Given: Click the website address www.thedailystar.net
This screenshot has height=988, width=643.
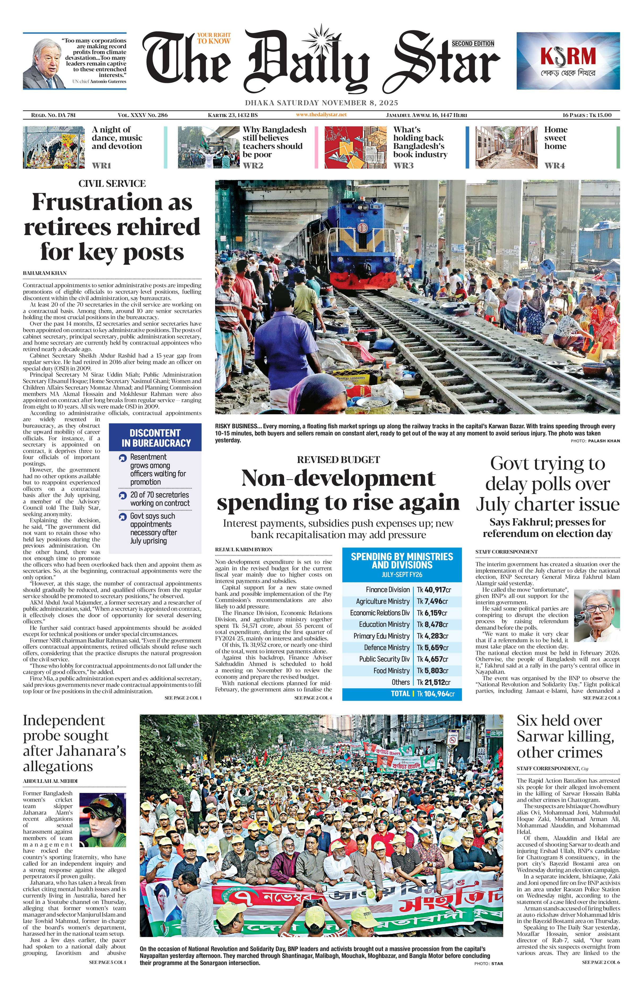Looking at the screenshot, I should [x=321, y=115].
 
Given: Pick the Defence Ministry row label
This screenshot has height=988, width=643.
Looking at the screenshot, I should [x=387, y=647].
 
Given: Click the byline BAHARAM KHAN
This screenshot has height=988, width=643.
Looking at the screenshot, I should [x=45, y=273].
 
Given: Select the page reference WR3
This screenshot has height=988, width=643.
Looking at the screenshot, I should [x=403, y=166].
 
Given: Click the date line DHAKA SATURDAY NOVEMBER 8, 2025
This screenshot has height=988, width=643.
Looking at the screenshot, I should [x=321, y=102].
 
